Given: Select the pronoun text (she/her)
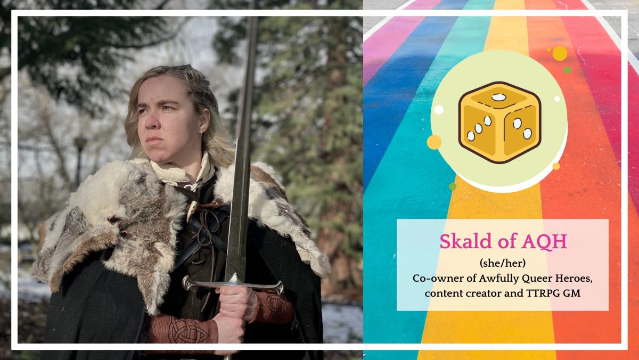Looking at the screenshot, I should click(503, 264).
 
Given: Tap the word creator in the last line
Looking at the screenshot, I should click(488, 292).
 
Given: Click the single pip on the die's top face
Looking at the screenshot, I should click(499, 97).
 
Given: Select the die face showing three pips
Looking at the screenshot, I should click(479, 128).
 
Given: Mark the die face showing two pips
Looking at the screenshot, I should click(521, 128).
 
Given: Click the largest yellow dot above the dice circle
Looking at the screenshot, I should click(560, 53).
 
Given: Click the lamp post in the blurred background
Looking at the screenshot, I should click(80, 160).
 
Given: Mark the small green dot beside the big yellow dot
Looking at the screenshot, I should click(567, 70).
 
